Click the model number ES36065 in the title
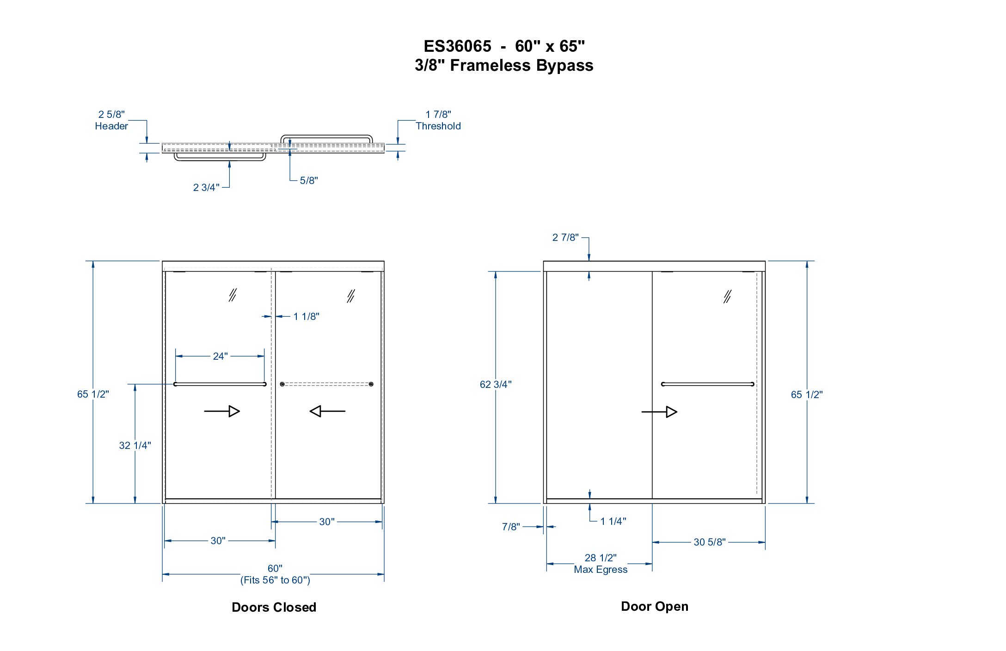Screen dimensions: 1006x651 (457, 46)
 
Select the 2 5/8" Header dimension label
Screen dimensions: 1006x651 (111, 120)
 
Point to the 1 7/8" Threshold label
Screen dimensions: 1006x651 (438, 120)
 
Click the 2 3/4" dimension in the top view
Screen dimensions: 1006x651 (206, 187)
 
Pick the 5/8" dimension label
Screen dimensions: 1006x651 (309, 180)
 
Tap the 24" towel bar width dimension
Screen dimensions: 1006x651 (220, 356)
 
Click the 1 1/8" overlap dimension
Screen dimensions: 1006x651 (306, 316)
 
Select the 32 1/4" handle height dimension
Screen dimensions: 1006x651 (135, 445)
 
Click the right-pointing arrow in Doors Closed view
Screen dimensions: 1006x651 (222, 411)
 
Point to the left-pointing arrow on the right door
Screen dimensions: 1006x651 (327, 411)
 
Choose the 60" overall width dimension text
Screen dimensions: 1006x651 (275, 568)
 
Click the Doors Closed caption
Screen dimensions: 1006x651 (274, 607)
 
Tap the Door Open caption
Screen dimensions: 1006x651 (655, 607)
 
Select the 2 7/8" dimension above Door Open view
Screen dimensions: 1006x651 (565, 237)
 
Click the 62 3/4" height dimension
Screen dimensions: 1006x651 (496, 384)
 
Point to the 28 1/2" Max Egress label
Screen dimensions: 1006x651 (601, 564)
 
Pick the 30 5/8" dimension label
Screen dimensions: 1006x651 (710, 542)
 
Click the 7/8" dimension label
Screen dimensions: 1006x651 (511, 527)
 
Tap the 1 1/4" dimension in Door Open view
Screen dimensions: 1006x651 (613, 521)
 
